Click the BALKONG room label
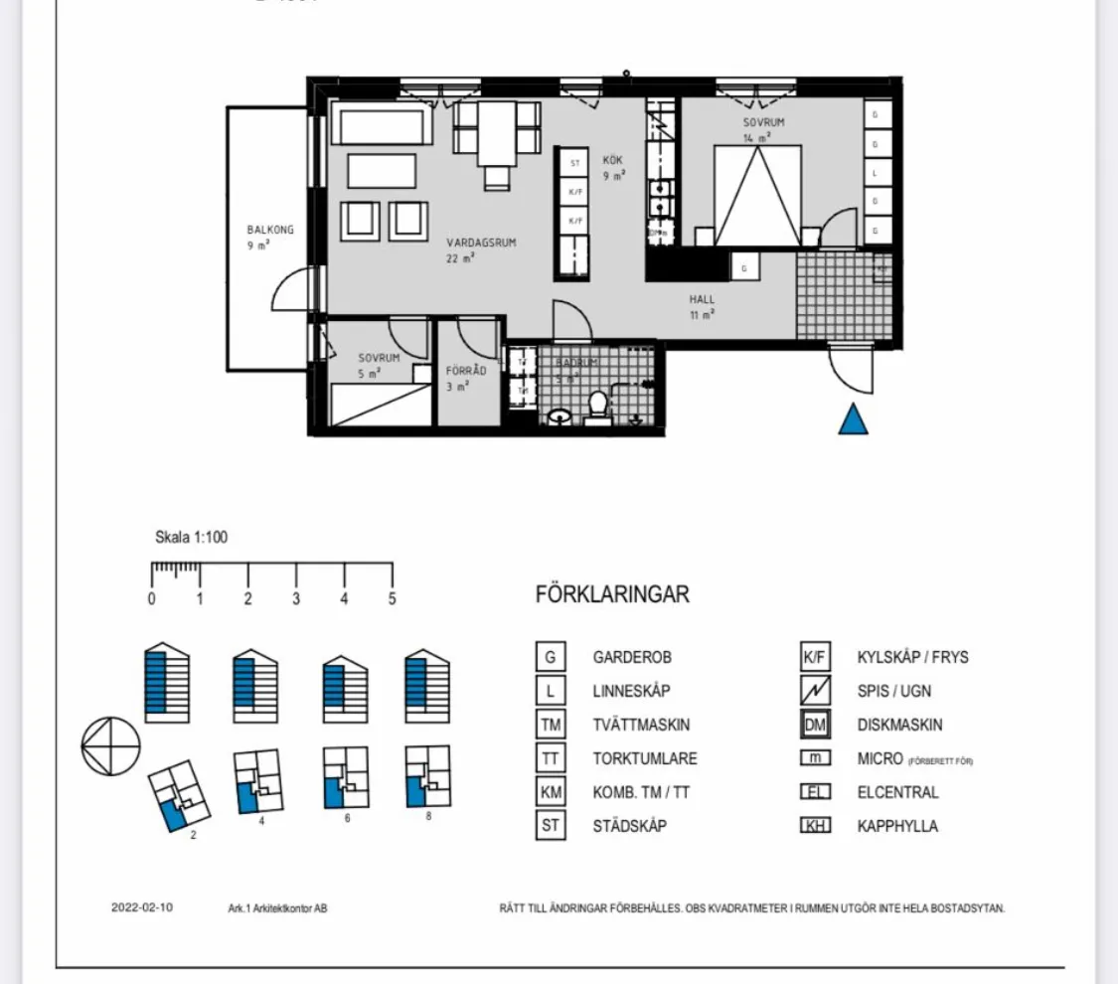click(270, 230)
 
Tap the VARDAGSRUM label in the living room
click(481, 243)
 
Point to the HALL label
click(702, 299)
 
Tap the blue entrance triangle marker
click(853, 419)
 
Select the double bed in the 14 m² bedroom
click(757, 196)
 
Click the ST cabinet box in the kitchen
click(574, 163)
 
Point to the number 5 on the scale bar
click(393, 599)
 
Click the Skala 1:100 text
click(191, 538)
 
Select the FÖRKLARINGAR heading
click(612, 595)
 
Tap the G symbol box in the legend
click(550, 657)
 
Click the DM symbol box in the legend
click(815, 725)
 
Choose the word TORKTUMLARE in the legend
click(645, 758)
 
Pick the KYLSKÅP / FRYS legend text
click(912, 657)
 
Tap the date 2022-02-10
click(141, 907)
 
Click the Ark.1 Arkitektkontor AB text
click(277, 908)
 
